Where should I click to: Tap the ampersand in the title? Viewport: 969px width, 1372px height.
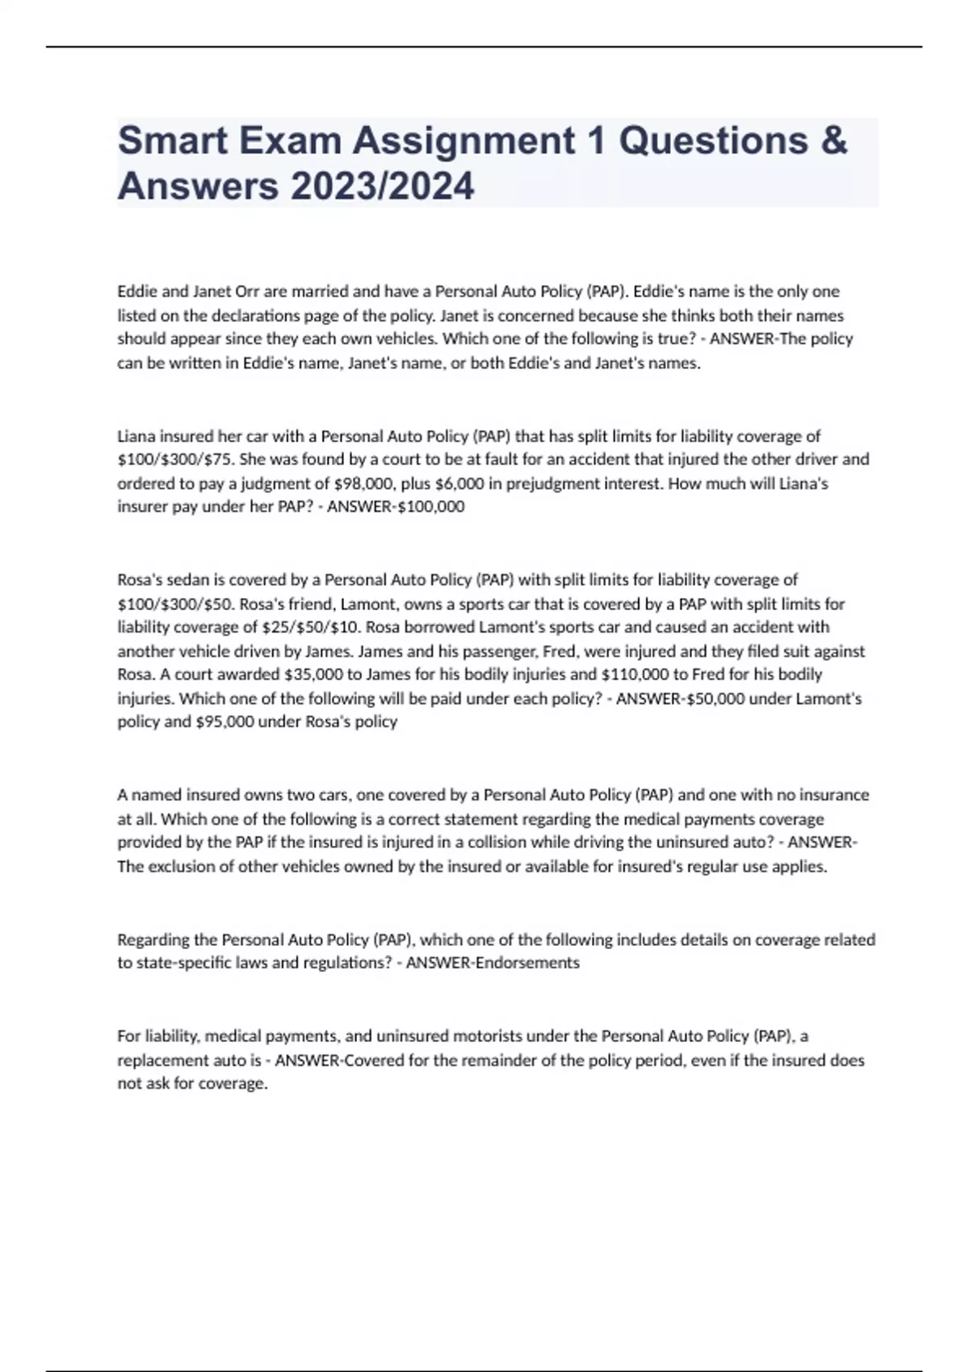pyautogui.click(x=834, y=141)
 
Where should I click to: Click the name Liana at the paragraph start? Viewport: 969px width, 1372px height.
pyautogui.click(x=136, y=437)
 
